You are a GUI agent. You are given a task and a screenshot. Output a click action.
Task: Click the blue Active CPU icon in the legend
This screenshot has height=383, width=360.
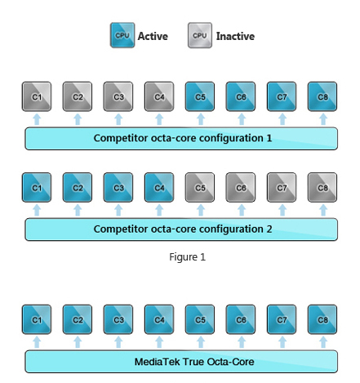tap(122, 36)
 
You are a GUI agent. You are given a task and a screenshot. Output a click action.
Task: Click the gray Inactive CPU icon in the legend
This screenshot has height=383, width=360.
tap(200, 36)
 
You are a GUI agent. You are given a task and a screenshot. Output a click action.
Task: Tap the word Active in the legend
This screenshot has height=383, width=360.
tap(153, 37)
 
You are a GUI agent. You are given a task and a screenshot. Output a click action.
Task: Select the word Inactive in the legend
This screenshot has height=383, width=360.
tap(235, 37)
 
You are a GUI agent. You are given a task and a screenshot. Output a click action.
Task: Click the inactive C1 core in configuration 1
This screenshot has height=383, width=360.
tap(37, 96)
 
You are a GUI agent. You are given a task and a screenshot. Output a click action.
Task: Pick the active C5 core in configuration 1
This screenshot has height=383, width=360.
tap(200, 96)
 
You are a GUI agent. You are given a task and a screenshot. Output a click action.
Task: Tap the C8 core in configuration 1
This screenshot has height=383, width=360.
tap(322, 96)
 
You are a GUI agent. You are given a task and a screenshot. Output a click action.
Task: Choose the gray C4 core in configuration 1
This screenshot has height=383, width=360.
tap(159, 96)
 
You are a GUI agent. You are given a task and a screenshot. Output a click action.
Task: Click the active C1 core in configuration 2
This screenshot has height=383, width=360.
tap(37, 187)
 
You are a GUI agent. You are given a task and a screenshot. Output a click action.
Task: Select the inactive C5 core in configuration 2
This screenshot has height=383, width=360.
tap(200, 187)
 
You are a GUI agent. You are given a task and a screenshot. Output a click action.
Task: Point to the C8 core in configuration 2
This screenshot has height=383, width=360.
tap(322, 187)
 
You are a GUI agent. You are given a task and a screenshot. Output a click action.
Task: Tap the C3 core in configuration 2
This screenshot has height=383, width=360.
tap(118, 187)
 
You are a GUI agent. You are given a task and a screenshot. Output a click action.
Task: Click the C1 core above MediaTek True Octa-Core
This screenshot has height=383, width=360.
tap(37, 319)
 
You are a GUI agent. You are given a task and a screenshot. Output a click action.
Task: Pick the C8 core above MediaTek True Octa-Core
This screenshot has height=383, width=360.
tap(322, 319)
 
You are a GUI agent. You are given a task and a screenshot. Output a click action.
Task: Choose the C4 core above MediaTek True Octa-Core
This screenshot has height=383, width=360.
tap(159, 319)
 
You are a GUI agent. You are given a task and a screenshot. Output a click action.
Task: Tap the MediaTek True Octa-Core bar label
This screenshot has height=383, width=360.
tap(182, 361)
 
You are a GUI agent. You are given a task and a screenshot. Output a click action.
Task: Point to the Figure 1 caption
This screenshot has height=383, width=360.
tap(187, 256)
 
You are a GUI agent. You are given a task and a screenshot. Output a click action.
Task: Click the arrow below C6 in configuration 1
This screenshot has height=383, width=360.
tap(241, 120)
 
